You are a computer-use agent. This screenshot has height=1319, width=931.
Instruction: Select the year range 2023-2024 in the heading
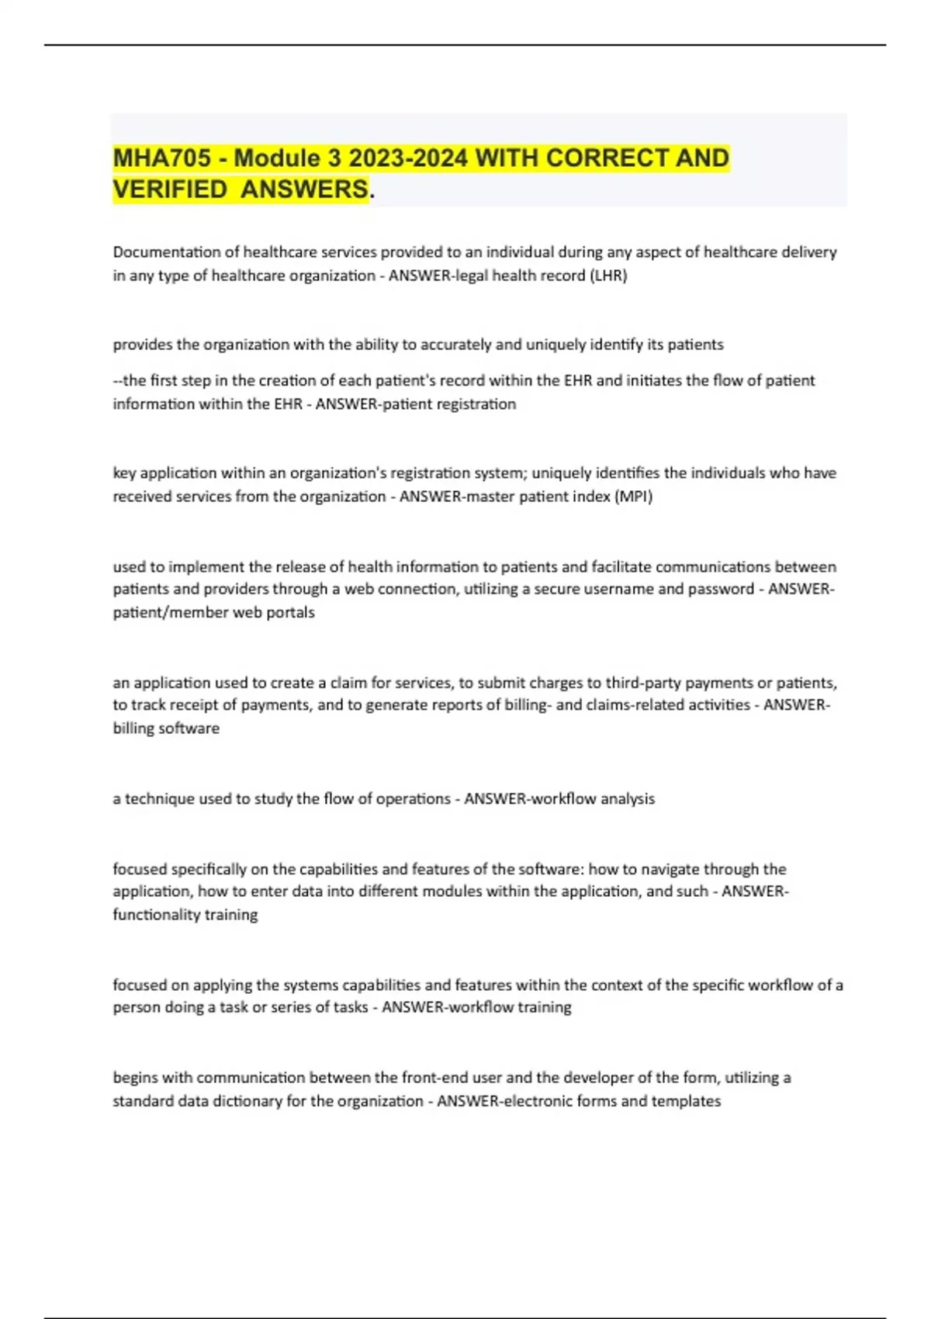pos(408,158)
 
